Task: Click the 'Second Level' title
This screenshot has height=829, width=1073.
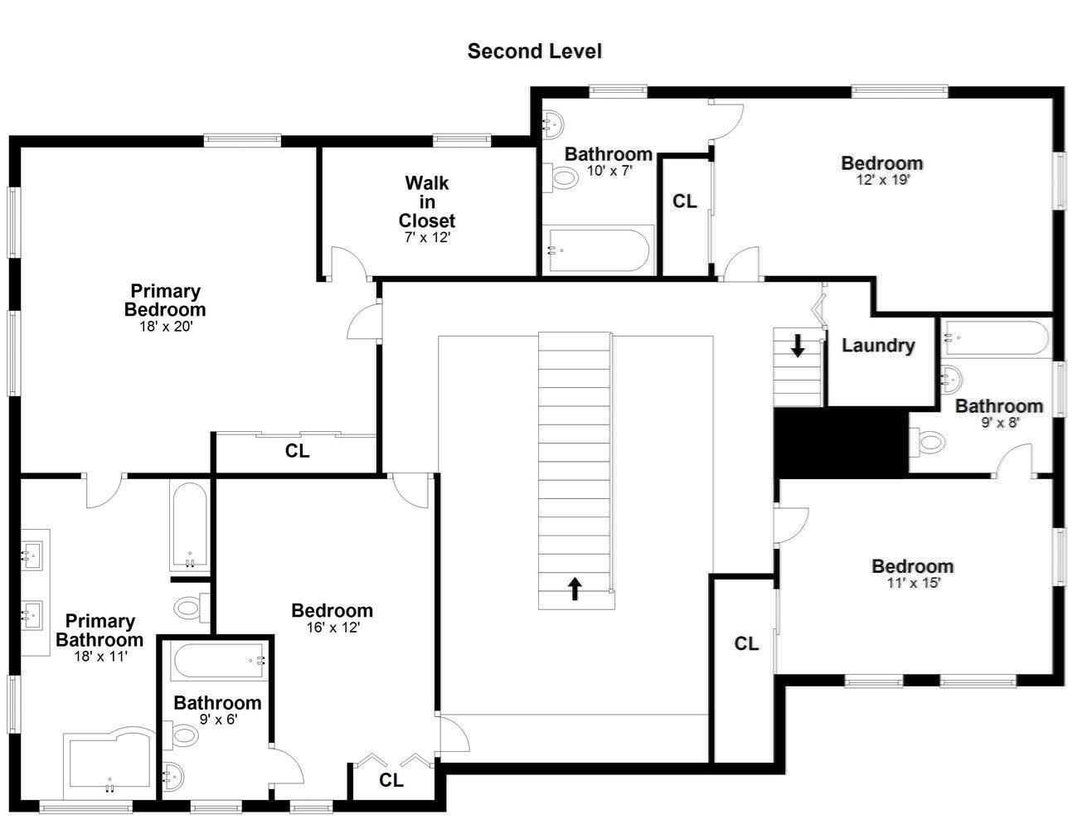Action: [534, 51]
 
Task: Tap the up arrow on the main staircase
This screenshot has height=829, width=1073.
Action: [575, 589]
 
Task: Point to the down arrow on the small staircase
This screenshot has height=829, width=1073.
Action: [798, 346]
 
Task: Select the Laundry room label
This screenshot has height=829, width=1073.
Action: [878, 346]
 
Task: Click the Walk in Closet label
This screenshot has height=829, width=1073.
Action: [427, 201]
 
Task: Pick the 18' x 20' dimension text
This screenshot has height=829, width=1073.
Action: [165, 326]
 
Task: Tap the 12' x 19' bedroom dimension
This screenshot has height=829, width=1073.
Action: [882, 180]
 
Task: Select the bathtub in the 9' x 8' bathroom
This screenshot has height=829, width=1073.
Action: [995, 337]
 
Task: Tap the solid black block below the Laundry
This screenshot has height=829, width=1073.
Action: [841, 443]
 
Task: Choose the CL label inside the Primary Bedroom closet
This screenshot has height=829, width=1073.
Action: [297, 450]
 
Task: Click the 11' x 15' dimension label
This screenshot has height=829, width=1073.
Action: [913, 583]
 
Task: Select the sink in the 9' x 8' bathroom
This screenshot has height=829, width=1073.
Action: [951, 379]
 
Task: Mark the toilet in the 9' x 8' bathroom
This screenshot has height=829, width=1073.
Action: [927, 442]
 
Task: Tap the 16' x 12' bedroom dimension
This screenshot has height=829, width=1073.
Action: [333, 628]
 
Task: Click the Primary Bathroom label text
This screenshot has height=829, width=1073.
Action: [100, 630]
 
